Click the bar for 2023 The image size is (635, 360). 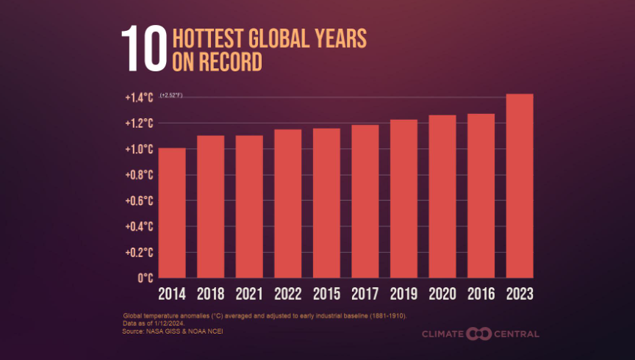[x=520, y=186]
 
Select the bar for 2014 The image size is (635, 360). [x=172, y=213]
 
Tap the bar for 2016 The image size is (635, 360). [x=481, y=195]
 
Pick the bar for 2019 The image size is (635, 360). [x=403, y=198]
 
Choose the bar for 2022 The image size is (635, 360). [x=288, y=204]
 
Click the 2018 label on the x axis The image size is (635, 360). [x=210, y=294]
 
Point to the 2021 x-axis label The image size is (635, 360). [x=249, y=294]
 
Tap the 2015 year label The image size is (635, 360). [x=326, y=294]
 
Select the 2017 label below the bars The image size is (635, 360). [x=365, y=294]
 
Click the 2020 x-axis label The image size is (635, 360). [x=442, y=294]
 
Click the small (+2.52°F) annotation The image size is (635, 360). [x=171, y=96]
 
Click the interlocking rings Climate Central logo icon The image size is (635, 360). [x=476, y=334]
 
